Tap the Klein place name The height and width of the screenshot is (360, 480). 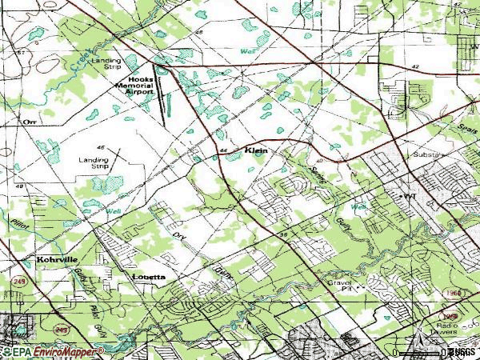250,150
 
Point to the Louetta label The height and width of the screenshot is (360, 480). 149,276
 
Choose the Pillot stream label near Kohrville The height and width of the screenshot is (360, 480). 21,226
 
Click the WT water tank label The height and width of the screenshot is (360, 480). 410,195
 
